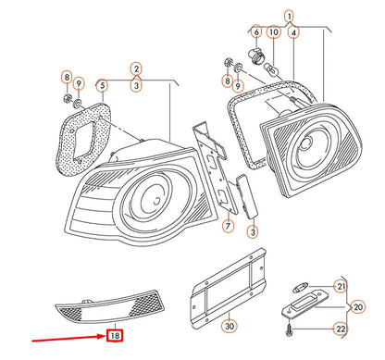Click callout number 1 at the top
pyautogui.click(x=289, y=16)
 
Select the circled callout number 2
pyautogui.click(x=136, y=68)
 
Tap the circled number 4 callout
pyautogui.click(x=293, y=32)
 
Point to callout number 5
pyautogui.click(x=102, y=85)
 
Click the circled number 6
pyautogui.click(x=256, y=31)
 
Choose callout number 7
pyautogui.click(x=228, y=226)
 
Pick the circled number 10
pyautogui.click(x=274, y=31)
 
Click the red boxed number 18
pyautogui.click(x=115, y=335)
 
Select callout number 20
pyautogui.click(x=357, y=307)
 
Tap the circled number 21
pyautogui.click(x=341, y=287)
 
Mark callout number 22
pyautogui.click(x=341, y=329)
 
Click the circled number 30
pyautogui.click(x=230, y=326)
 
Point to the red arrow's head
pyautogui.click(x=105, y=336)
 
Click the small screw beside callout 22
pyautogui.click(x=289, y=329)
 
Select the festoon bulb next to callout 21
pyautogui.click(x=300, y=289)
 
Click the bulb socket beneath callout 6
pyautogui.click(x=256, y=55)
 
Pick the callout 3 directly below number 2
pyautogui.click(x=136, y=85)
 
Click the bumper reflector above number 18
pyautogui.click(x=110, y=308)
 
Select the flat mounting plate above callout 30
pyautogui.click(x=229, y=288)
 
